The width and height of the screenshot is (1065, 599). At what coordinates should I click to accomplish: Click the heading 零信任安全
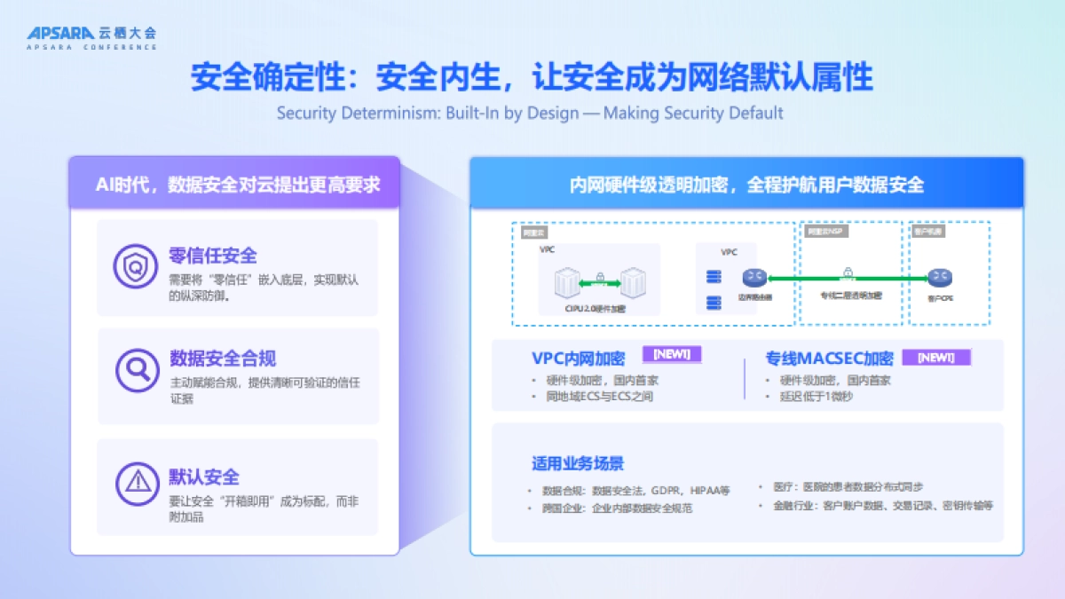(x=213, y=256)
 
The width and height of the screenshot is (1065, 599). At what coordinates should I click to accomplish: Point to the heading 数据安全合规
(x=223, y=359)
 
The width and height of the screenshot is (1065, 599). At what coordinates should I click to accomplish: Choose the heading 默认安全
(x=204, y=477)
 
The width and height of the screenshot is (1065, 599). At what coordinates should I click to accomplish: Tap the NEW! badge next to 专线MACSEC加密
(x=936, y=358)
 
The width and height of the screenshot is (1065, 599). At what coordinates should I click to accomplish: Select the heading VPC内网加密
(x=578, y=359)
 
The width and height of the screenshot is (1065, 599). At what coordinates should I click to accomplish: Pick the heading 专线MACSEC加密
(x=829, y=359)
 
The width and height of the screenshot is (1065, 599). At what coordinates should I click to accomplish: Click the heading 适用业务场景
(x=578, y=463)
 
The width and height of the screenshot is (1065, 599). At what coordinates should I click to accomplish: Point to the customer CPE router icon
(x=940, y=279)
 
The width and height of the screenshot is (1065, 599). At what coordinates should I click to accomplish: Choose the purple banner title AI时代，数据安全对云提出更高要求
(x=238, y=184)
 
